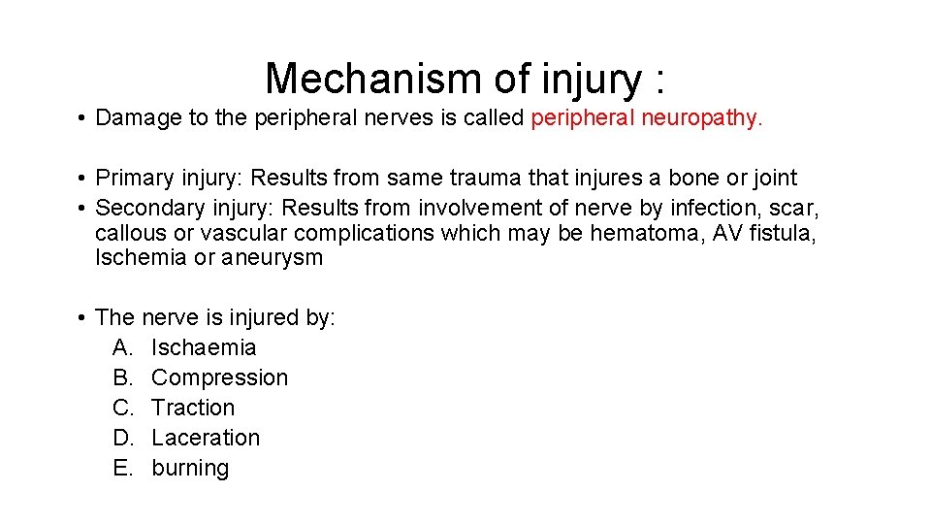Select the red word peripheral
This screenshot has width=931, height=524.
pos(579,118)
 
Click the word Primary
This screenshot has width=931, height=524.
pos(136,179)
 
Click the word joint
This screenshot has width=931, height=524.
pos(773,179)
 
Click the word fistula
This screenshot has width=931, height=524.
pos(780,233)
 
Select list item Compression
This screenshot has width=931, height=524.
pos(220,377)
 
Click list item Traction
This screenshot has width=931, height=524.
pos(193,408)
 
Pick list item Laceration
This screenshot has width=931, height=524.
pos(206,438)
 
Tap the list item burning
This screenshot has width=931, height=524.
pos(190,468)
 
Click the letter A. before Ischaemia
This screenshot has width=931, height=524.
pos(122,347)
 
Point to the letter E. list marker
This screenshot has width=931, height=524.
pos(122,468)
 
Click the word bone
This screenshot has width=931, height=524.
pos(693,179)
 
